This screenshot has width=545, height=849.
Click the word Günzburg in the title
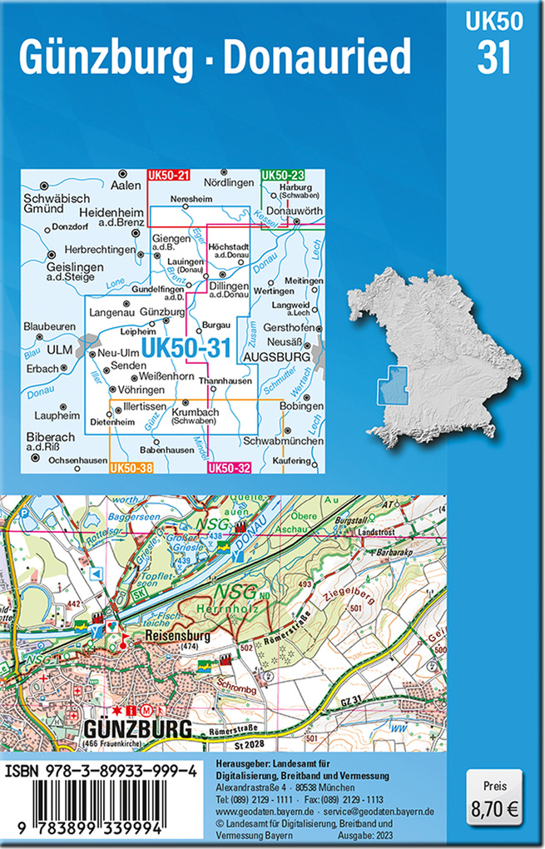click(x=107, y=57)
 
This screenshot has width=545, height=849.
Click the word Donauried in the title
click(x=320, y=57)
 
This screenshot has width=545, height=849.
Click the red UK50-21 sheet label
click(x=168, y=175)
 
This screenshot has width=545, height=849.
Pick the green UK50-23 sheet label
click(x=282, y=175)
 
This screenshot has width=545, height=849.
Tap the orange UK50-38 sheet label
click(x=131, y=468)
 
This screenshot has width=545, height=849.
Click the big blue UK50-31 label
click(x=186, y=350)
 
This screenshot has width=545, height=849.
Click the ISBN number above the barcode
click(x=102, y=772)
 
